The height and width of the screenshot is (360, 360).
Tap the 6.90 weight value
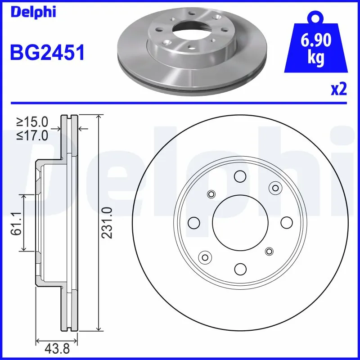[x=317, y=42]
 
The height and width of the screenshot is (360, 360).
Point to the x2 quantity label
[x=338, y=90]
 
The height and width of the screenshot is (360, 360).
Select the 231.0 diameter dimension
[x=108, y=222]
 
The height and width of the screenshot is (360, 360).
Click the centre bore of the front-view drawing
[x=240, y=222]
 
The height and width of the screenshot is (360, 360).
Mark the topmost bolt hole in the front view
[x=240, y=176]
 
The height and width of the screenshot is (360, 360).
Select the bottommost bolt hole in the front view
[x=240, y=269]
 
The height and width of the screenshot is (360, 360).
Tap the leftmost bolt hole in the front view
[x=194, y=222]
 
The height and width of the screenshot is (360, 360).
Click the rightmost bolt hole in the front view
[x=287, y=222]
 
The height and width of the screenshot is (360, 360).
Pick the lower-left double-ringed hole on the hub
[x=206, y=257]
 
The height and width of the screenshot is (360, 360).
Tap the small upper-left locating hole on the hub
[x=211, y=194]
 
